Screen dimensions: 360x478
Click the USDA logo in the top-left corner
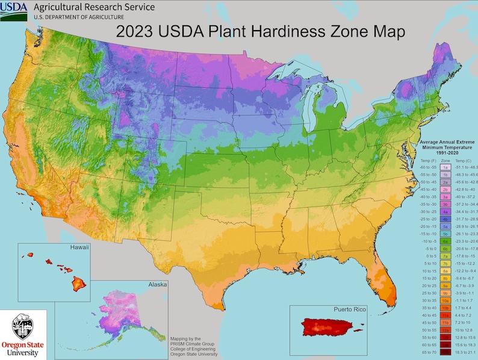click(17, 11)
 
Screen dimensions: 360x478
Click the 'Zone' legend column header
click(445, 161)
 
